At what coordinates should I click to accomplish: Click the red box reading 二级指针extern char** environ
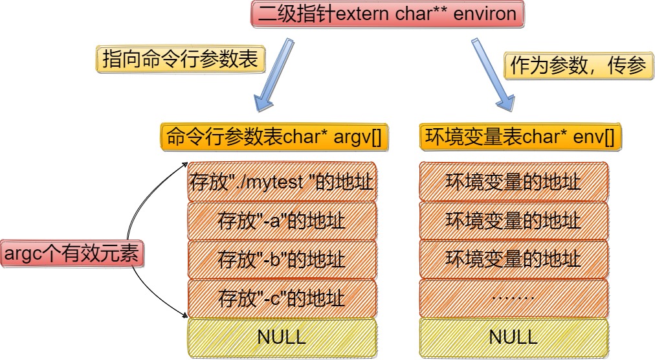(x=386, y=14)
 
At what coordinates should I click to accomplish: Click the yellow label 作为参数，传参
(x=579, y=66)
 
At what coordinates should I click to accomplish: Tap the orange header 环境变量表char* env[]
(x=518, y=137)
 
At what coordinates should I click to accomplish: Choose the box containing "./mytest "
(x=282, y=181)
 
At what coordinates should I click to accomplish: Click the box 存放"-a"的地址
(x=282, y=220)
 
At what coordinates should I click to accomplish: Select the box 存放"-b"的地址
(x=282, y=259)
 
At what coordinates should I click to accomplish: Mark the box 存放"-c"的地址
(x=282, y=298)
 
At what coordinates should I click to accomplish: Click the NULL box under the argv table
(x=282, y=337)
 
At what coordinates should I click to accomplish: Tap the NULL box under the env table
(x=513, y=337)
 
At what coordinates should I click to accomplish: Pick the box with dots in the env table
(x=513, y=298)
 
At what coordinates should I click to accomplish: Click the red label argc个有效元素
(x=72, y=254)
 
